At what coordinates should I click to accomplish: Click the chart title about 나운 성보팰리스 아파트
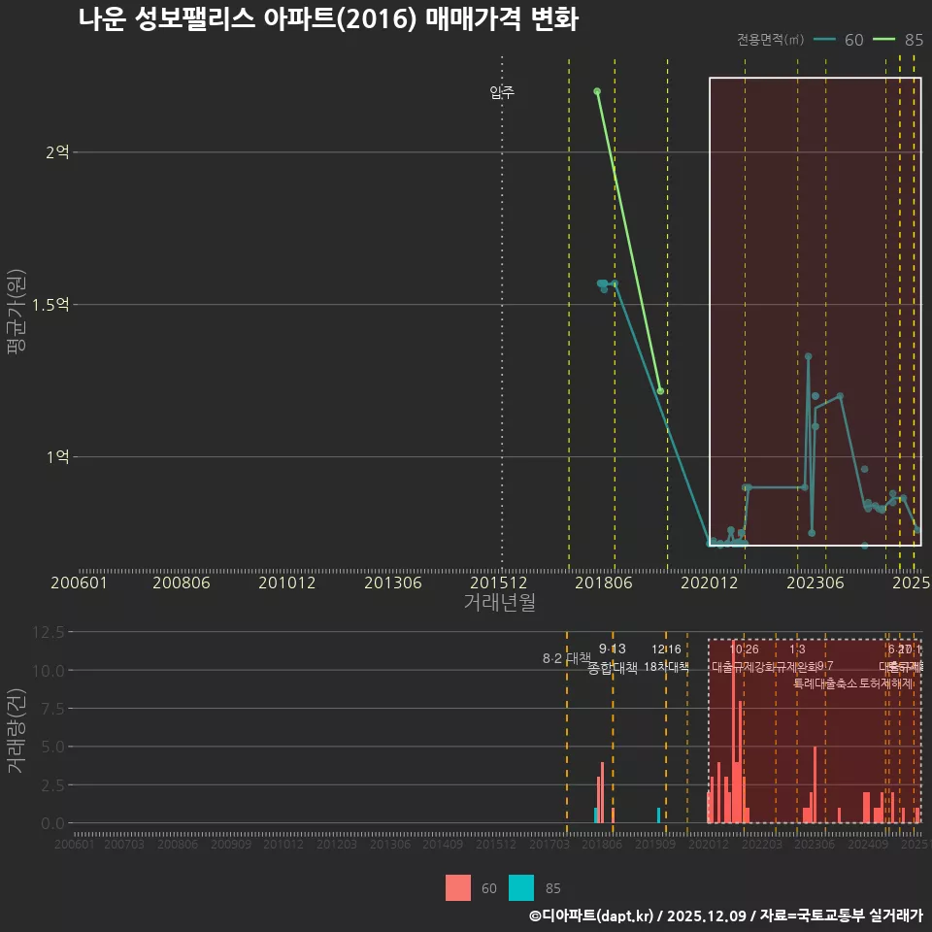click(x=328, y=19)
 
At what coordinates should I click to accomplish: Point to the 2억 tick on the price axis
click(x=57, y=152)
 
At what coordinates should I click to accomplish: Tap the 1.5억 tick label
click(x=50, y=305)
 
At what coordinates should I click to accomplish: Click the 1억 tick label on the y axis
click(x=57, y=456)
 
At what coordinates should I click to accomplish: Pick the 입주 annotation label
click(x=502, y=93)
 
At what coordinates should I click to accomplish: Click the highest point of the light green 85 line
click(x=597, y=91)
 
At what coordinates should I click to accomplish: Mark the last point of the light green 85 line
click(x=660, y=391)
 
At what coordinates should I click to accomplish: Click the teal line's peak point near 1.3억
click(x=808, y=356)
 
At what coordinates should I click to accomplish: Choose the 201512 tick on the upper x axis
click(x=499, y=583)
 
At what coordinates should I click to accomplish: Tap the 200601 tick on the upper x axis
click(x=79, y=583)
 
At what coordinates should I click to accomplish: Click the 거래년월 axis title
click(x=499, y=602)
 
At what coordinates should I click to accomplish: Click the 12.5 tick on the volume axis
click(x=48, y=632)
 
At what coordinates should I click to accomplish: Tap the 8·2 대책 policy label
click(x=567, y=658)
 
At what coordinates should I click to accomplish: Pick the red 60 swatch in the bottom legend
click(x=458, y=887)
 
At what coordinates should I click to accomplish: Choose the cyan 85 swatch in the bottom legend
click(x=521, y=887)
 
